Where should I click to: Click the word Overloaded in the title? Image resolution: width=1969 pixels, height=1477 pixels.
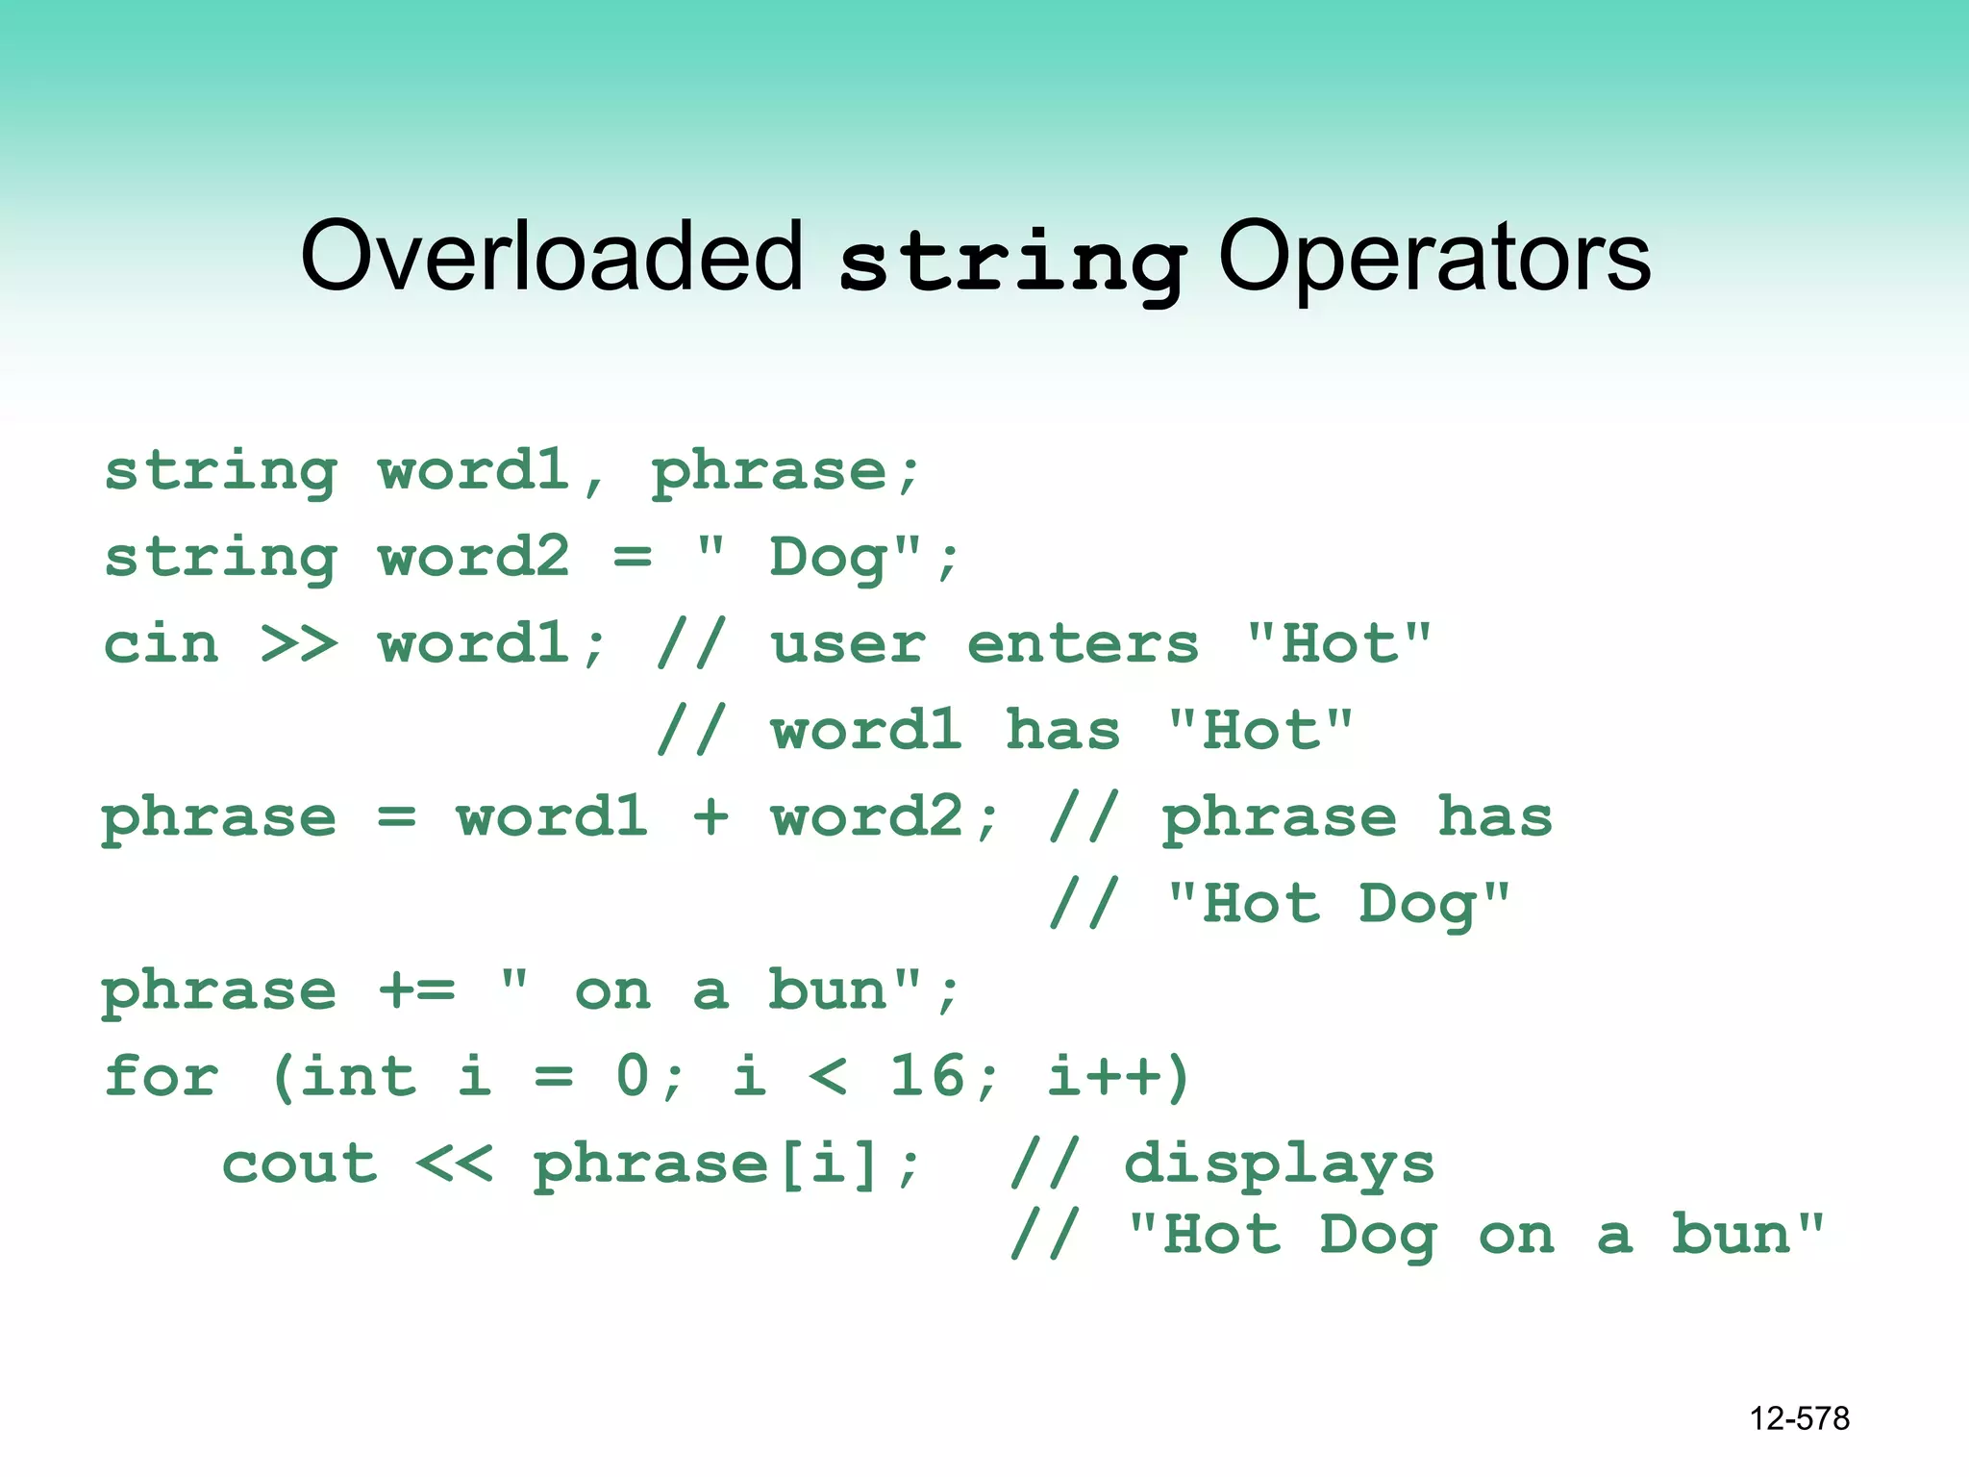[x=551, y=257]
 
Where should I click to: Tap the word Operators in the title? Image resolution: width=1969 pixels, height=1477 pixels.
[x=1434, y=257]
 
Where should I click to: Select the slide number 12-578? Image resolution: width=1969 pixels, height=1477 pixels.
[x=1799, y=1418]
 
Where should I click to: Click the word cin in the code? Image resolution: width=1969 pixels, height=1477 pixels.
[x=162, y=643]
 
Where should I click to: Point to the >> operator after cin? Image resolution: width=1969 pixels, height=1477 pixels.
[x=299, y=643]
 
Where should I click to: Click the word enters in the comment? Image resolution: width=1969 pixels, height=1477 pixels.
[x=1083, y=643]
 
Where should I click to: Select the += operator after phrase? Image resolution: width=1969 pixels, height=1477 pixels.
[x=416, y=989]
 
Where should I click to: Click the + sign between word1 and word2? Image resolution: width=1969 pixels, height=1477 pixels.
[x=710, y=817]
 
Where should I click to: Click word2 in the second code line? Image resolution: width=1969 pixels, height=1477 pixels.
[x=474, y=557]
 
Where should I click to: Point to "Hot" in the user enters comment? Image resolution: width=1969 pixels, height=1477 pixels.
[x=1338, y=643]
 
